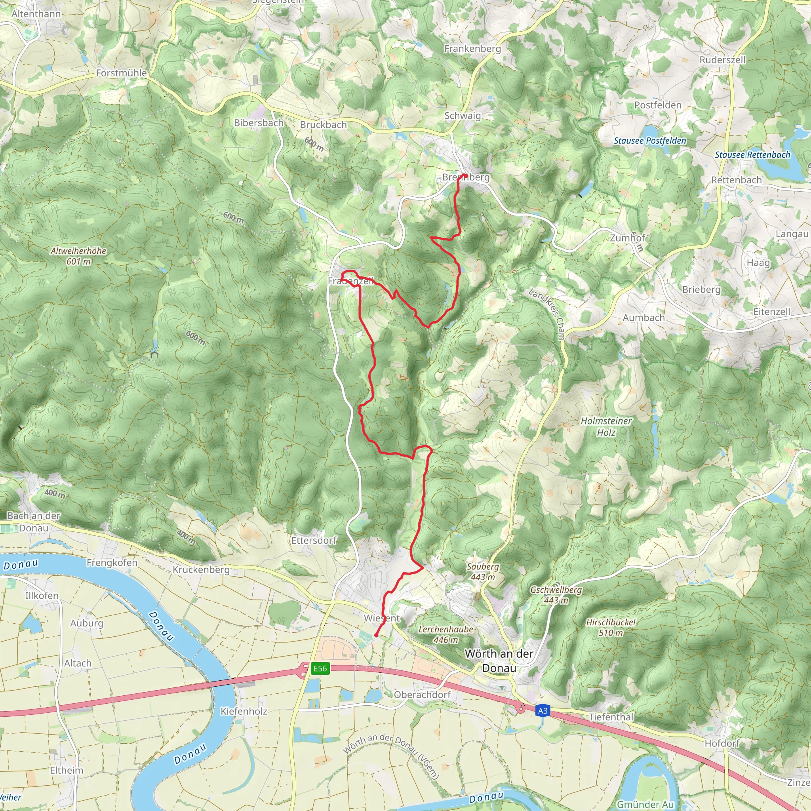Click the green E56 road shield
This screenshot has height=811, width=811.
click(320, 669)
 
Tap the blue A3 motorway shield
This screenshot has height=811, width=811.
click(543, 711)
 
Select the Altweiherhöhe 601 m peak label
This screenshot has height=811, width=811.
click(78, 256)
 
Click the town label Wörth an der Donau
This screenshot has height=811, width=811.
click(499, 661)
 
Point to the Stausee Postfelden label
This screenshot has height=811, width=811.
click(650, 141)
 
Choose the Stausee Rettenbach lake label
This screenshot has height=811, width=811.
click(752, 154)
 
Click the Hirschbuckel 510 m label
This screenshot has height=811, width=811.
click(611, 627)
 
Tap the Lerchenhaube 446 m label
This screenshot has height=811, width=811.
click(446, 634)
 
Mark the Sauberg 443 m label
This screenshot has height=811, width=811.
click(483, 571)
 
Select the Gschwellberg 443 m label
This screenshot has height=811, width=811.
click(556, 595)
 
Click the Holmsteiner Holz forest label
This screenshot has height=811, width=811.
click(606, 426)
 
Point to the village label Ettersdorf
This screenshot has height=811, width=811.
click(314, 540)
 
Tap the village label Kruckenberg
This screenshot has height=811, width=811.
click(201, 569)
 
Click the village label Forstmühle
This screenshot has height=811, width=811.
click(121, 73)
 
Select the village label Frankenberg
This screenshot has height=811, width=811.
click(472, 49)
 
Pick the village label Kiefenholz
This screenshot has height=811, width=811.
click(244, 711)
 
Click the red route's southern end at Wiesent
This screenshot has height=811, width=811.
click(376, 636)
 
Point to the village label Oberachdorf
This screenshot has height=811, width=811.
click(422, 695)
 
